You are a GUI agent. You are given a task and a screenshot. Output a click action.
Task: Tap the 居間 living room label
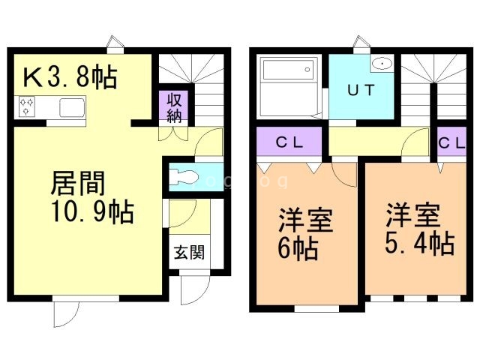tap(77, 184)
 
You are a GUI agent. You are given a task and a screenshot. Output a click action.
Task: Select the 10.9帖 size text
tap(91, 213)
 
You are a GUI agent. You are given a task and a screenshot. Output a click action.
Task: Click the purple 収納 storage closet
tap(175, 106)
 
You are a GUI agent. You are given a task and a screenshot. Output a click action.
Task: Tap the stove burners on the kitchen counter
tap(28, 107)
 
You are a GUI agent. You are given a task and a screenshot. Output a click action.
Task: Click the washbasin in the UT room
tap(382, 64)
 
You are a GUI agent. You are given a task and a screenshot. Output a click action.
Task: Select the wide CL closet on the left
tap(289, 142)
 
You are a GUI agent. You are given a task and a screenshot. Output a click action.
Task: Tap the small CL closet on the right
tap(452, 142)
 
